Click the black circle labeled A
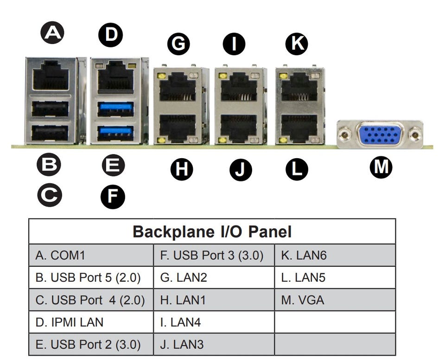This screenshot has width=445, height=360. pos(52,33)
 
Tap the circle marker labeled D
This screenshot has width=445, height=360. pos(110,35)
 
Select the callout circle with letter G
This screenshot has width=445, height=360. pos(178,44)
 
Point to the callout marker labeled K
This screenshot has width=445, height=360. pos(296,44)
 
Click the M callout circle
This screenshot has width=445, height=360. pos(381,167)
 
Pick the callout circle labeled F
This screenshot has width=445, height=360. pos(113,197)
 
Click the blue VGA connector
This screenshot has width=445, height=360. pos(379,135)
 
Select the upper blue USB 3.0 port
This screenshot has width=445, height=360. pos(116,109)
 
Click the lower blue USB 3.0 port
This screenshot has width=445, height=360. pos(116,131)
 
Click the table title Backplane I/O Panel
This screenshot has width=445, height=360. pos(212,231)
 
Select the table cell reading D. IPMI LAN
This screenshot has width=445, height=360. pos(91,322)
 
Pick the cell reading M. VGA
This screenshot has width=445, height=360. pos(335,300)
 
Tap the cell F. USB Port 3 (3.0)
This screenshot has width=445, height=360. pos(214,256)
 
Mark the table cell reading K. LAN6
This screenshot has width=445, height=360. pos(335,256)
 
